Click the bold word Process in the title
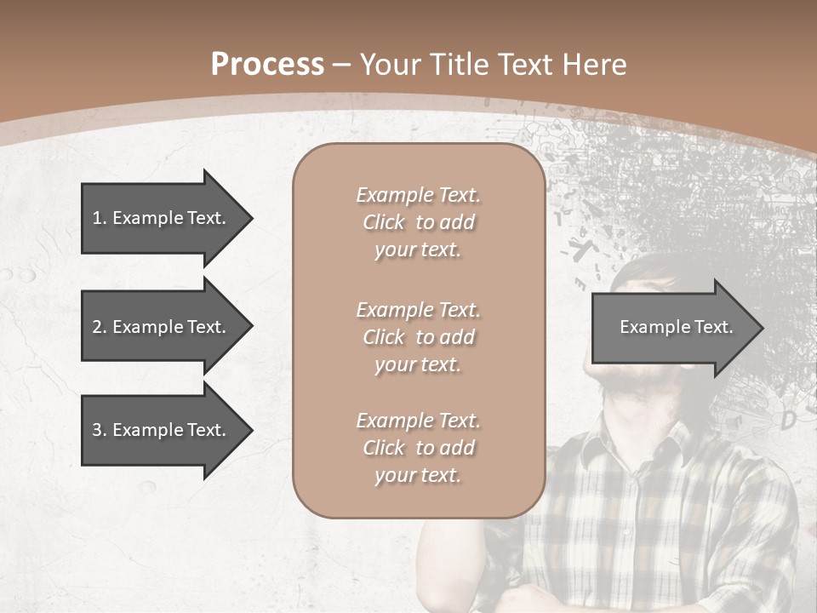click(267, 64)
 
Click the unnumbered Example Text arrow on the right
click(672, 327)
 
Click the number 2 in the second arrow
click(97, 327)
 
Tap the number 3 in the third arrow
click(97, 430)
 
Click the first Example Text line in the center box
click(418, 195)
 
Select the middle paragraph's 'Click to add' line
click(418, 337)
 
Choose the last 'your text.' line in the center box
click(418, 475)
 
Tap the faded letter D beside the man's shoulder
click(788, 419)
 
